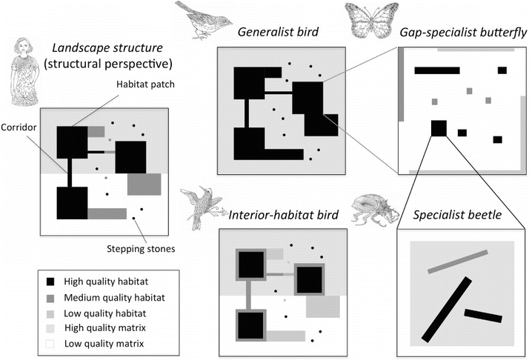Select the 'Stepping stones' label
click(x=150, y=248)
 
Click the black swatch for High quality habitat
click(x=50, y=282)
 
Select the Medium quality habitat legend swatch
click(x=50, y=298)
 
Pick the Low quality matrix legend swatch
click(x=50, y=343)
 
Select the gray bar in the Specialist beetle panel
click(x=457, y=261)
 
